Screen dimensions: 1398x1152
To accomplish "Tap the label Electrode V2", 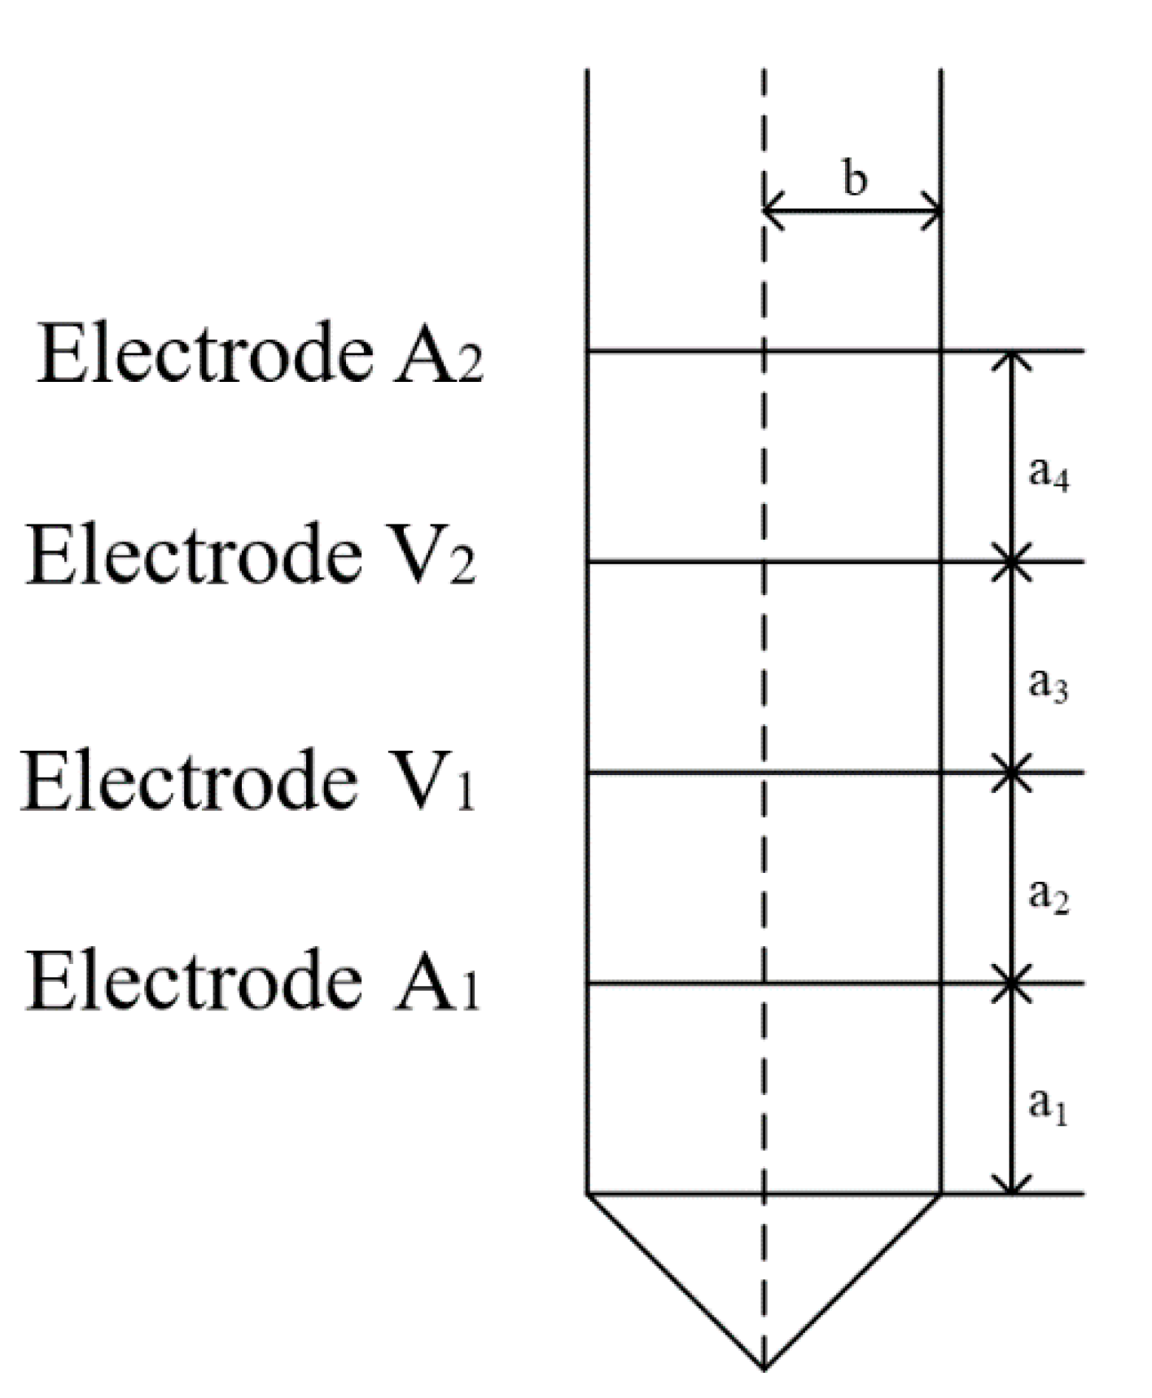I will point(251,555).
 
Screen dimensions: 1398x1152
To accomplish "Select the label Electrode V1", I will point(247,781).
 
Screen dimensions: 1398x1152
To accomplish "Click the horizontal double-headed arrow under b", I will point(852,212).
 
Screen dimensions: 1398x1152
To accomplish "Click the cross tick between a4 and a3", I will point(1011,562).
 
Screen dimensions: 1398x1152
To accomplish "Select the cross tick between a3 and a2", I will point(1011,772).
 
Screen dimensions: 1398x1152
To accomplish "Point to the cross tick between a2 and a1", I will point(1011,984).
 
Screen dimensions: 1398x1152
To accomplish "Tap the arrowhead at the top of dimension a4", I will point(1011,358).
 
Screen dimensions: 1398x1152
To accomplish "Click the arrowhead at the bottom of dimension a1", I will point(1011,1187).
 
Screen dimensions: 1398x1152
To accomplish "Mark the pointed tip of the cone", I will point(764,1368).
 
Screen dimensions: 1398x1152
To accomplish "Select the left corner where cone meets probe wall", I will point(588,1194).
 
